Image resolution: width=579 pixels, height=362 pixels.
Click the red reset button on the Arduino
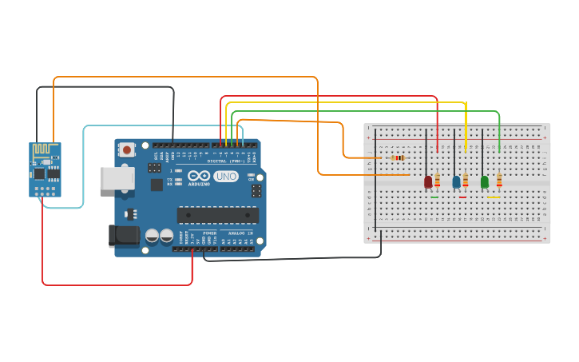pos(127,149)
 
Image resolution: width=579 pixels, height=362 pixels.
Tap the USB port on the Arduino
pos(117,177)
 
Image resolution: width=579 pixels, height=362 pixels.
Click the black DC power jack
pos(122,234)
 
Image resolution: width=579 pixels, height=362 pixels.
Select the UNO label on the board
pos(226,176)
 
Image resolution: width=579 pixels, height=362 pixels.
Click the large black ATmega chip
pos(217,214)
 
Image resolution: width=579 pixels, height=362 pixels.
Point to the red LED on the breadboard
pos(428,182)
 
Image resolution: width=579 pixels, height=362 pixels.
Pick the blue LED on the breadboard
pos(456,182)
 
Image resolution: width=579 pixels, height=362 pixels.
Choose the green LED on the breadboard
pos(484,182)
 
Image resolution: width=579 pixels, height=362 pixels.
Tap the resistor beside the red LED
pos(437,181)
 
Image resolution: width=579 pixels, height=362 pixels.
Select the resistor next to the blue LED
pos(466,181)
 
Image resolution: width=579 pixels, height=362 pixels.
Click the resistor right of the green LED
pos(499,181)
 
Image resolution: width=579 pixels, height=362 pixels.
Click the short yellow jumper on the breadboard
pos(493,197)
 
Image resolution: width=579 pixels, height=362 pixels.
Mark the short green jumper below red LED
pos(434,197)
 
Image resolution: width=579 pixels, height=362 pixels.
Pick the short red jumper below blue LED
pos(462,197)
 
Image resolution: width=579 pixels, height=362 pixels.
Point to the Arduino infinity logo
pos(199,176)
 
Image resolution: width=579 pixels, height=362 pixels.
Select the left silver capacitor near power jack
pos(152,236)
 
